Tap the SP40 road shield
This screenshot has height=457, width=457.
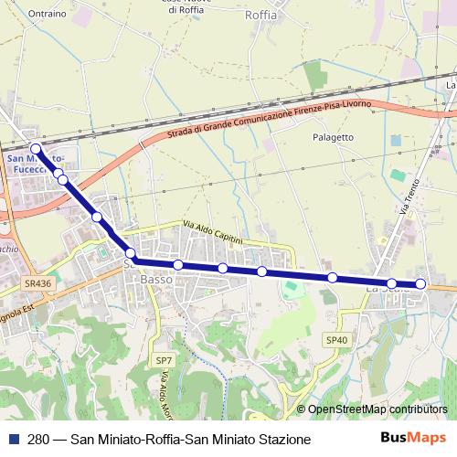[x=337, y=340]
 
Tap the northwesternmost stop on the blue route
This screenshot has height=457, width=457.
[x=36, y=148]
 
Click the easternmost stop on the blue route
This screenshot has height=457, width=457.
[x=421, y=284]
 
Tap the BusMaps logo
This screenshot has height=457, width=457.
[x=413, y=439]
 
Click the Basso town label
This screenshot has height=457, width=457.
[x=156, y=280]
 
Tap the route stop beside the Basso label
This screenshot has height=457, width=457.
[x=130, y=253]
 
